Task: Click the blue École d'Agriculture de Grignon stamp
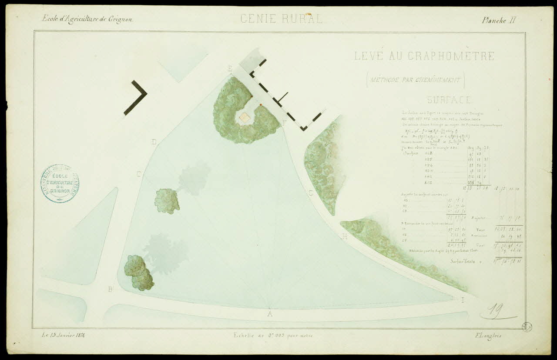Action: click(60, 183)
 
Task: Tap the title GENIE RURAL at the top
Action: click(282, 19)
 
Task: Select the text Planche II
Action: click(499, 20)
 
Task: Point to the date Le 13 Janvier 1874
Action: click(64, 335)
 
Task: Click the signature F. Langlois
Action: click(488, 335)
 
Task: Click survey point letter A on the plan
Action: click(270, 314)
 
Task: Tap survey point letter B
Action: click(111, 289)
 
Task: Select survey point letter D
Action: click(154, 142)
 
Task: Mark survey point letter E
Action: click(230, 69)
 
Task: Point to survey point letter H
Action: click(345, 236)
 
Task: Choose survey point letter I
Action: click(463, 300)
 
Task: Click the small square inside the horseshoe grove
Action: click(245, 117)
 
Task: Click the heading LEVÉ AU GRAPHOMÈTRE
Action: click(424, 56)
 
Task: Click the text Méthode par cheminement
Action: click(415, 80)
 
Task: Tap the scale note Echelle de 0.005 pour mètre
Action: click(273, 335)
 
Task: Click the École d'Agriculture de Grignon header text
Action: click(87, 19)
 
